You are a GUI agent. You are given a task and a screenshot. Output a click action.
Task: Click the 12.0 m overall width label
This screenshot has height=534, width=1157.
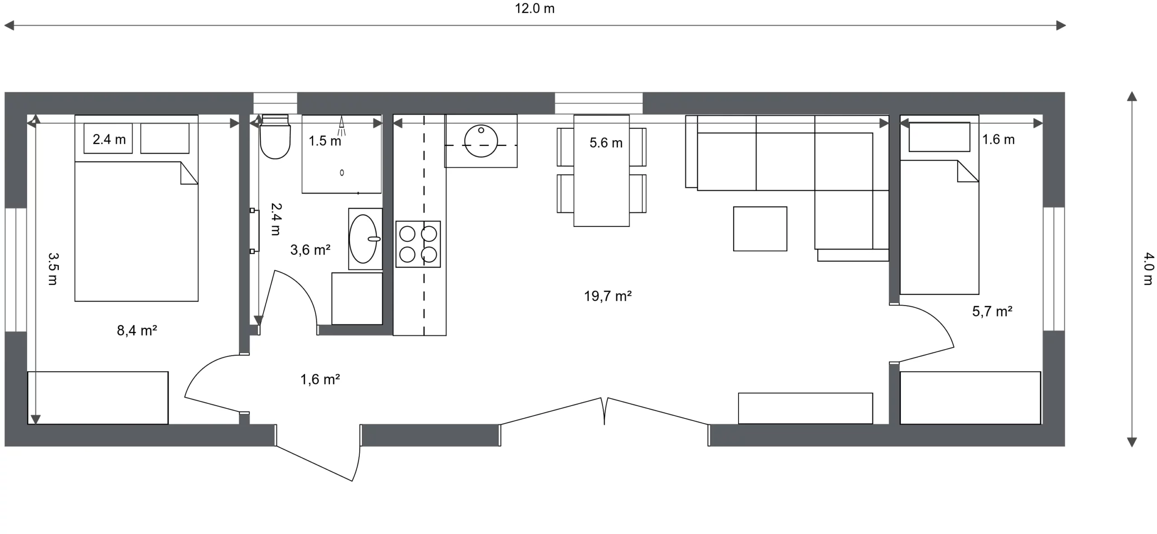535,9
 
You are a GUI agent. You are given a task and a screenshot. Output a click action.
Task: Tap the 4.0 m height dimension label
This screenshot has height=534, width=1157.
1148,269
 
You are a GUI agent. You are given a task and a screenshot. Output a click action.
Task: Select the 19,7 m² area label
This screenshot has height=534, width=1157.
607,296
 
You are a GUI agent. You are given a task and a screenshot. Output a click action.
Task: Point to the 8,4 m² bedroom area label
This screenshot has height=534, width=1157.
137,331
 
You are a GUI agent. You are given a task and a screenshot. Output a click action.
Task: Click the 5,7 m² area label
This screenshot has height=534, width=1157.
992,311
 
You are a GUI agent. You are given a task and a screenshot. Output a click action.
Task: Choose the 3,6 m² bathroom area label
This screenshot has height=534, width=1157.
310,250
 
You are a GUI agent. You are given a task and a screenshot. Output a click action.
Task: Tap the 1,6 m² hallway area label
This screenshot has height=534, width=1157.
320,379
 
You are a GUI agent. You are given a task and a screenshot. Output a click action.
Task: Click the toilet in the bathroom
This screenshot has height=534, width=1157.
275,137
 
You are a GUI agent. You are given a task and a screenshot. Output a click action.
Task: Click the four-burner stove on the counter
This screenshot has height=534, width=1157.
418,244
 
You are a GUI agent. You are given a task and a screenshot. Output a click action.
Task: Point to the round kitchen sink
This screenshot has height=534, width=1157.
481,142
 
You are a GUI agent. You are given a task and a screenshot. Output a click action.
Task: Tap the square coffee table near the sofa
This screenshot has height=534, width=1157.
760,229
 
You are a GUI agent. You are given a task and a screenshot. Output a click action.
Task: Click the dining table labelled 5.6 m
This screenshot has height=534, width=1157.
602,170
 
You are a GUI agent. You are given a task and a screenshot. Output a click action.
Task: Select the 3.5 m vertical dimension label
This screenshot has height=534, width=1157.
53,269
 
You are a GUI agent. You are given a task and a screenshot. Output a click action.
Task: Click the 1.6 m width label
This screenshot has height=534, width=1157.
998,140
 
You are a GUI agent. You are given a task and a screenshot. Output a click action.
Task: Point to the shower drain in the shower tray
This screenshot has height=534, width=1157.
342,173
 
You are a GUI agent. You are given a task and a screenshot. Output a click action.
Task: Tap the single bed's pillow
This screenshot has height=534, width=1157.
940,137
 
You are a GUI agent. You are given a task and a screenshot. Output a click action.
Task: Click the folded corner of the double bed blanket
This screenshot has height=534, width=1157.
189,173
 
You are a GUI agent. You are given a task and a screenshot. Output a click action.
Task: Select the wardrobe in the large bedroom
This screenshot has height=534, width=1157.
98,398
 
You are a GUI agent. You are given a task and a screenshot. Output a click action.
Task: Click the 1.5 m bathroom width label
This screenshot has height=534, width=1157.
325,141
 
